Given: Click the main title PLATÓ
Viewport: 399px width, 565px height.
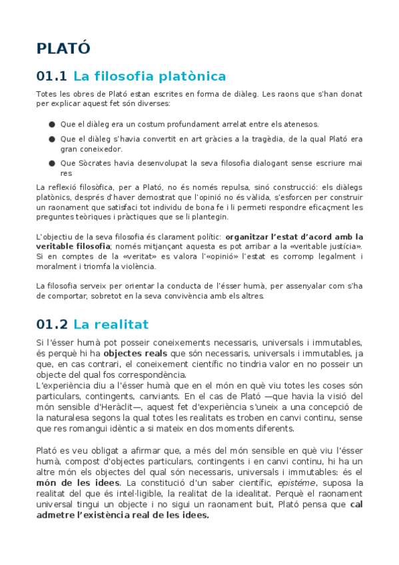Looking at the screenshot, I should coord(63,49).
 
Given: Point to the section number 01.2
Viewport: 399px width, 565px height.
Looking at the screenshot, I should coord(52,324).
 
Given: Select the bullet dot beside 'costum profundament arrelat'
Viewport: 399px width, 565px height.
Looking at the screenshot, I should coord(51,124).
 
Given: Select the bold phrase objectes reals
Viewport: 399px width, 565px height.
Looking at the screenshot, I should coord(137,353).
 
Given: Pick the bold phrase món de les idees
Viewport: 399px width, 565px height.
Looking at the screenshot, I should coord(78,482).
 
